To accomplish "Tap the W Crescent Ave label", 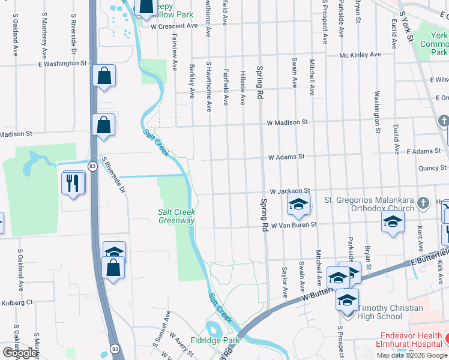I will pos(174,26).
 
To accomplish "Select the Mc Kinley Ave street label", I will pos(360,55).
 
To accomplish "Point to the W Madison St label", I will pos(288,122).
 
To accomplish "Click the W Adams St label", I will pos(286,157).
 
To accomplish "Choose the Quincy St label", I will pos(435,168).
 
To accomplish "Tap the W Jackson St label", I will pos(289,190).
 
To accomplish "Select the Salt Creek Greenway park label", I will pos(176,216).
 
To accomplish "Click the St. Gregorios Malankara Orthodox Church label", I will pos(369,204).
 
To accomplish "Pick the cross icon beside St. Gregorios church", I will pos(423,202).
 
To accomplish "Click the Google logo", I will pos(19,353).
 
